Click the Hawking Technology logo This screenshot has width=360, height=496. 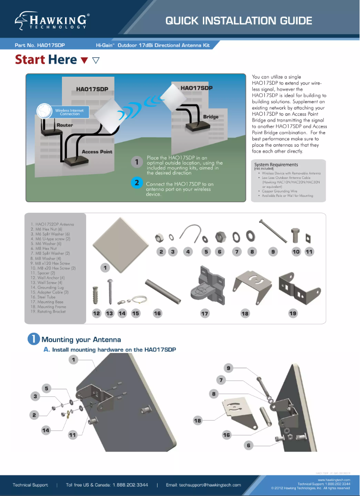pyautogui.click(x=52, y=21)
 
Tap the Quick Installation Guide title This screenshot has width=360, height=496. pyautogui.click(x=238, y=21)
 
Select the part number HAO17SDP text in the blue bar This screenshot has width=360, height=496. pyautogui.click(x=43, y=45)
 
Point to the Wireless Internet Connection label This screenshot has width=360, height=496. pyautogui.click(x=70, y=112)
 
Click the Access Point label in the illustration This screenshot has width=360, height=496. pyautogui.click(x=97, y=152)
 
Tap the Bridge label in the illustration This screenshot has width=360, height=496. pyautogui.click(x=211, y=117)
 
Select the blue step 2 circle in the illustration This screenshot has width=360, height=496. pyautogui.click(x=137, y=183)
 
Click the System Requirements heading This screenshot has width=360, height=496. pyautogui.click(x=276, y=165)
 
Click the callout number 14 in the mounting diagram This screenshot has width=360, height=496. pyautogui.click(x=45, y=430)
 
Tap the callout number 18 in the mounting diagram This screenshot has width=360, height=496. pyautogui.click(x=198, y=420)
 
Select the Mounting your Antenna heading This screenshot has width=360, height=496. pyautogui.click(x=81, y=339)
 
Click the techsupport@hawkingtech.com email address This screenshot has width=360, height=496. pyautogui.click(x=203, y=485)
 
